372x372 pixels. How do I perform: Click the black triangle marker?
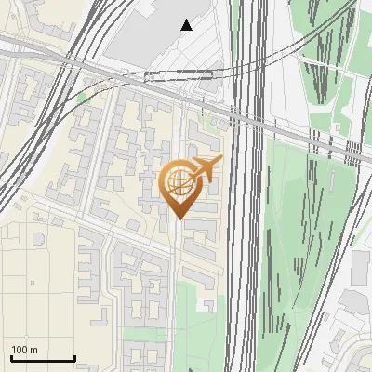point(187,25)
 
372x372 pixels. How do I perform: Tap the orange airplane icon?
point(206,168)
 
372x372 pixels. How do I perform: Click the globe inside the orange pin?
point(178,182)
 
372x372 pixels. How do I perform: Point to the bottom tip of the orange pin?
point(179,219)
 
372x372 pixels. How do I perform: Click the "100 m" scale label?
point(24,350)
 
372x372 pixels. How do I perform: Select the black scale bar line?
point(43,359)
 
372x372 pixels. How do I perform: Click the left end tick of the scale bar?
point(11,357)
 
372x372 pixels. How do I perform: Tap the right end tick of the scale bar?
point(74,357)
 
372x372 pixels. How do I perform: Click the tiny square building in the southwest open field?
point(33,282)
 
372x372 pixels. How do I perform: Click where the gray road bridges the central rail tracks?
point(247,116)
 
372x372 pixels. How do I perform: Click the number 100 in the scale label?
point(20,350)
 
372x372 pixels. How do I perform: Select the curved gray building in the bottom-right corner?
point(358,358)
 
